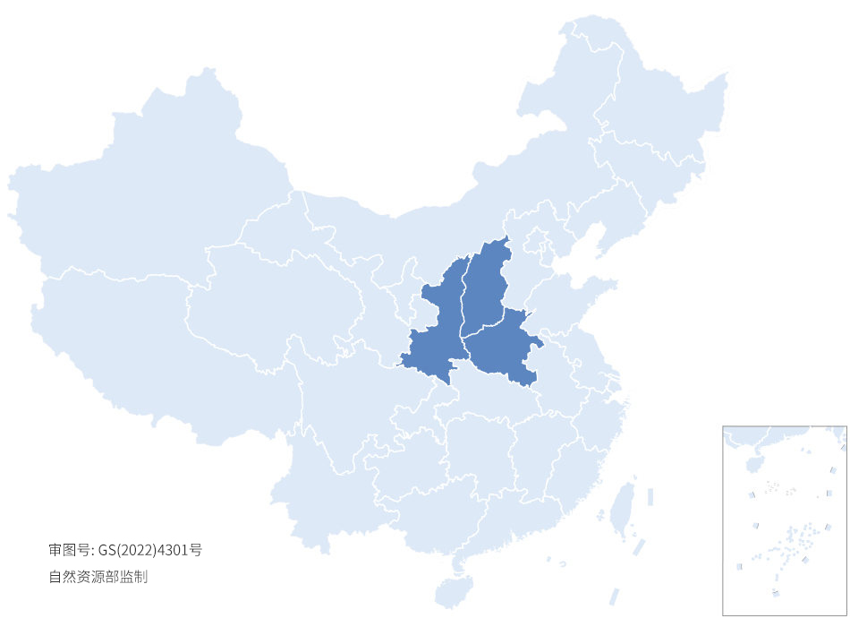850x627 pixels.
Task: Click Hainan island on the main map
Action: coord(455,592)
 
